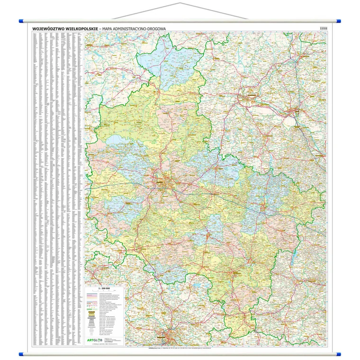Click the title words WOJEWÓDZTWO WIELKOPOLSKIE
pyautogui.click(x=65, y=28)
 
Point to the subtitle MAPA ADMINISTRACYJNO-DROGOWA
pyautogui.click(x=132, y=28)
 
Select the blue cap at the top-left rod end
pyautogui.click(x=21, y=21)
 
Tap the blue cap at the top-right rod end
pyautogui.click(x=339, y=21)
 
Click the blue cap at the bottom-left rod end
pyautogui.click(x=21, y=353)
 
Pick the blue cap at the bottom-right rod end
pyautogui.click(x=339, y=353)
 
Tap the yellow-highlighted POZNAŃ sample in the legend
pyautogui.click(x=92, y=313)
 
